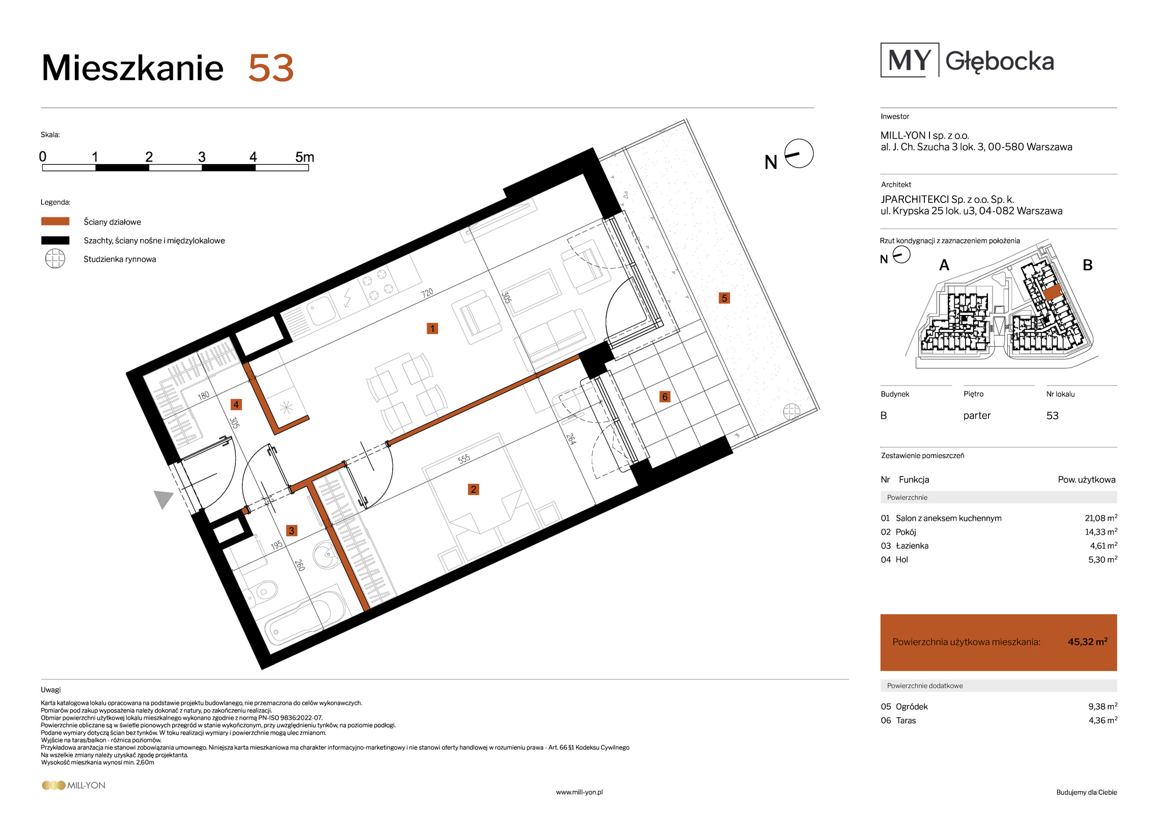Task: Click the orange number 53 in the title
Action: click(271, 68)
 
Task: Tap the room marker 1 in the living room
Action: click(432, 329)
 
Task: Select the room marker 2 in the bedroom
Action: click(473, 489)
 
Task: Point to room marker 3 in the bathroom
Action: click(291, 531)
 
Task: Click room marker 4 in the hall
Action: click(236, 405)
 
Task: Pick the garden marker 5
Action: click(724, 298)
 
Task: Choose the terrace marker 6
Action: click(665, 397)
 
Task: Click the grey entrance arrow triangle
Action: click(163, 499)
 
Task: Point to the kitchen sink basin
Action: click(322, 310)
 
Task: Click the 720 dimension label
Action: click(427, 293)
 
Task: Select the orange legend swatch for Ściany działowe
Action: click(55, 222)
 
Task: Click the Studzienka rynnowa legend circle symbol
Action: click(55, 259)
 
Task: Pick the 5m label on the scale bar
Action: click(305, 157)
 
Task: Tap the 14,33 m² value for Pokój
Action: click(1101, 532)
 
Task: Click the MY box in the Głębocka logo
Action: click(910, 60)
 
